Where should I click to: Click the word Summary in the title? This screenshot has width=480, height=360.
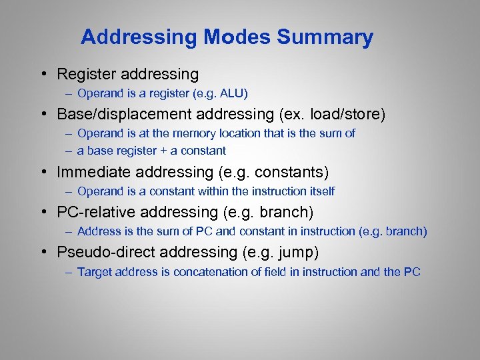(x=325, y=37)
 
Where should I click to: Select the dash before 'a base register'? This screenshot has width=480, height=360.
(x=69, y=151)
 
